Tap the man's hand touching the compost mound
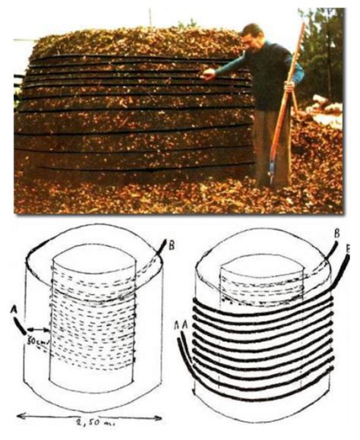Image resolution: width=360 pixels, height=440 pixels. point(206,74)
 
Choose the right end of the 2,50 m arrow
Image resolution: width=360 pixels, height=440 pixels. point(160,416)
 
